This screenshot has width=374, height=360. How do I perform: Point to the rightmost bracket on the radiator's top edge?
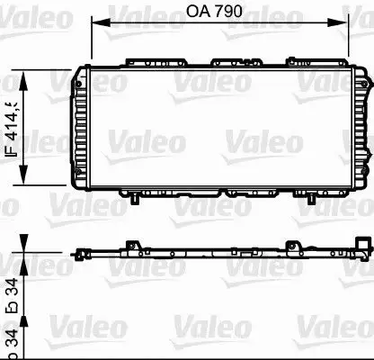click(x=302, y=62)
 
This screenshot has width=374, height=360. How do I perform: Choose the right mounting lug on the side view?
click(x=292, y=219)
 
